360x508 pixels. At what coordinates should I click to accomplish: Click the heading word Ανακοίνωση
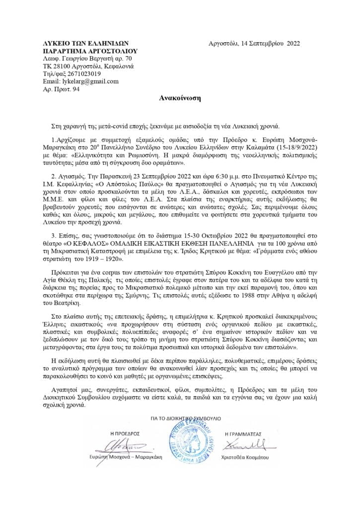click(x=180, y=98)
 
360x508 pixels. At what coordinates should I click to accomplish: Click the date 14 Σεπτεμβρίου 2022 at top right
click(x=273, y=44)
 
